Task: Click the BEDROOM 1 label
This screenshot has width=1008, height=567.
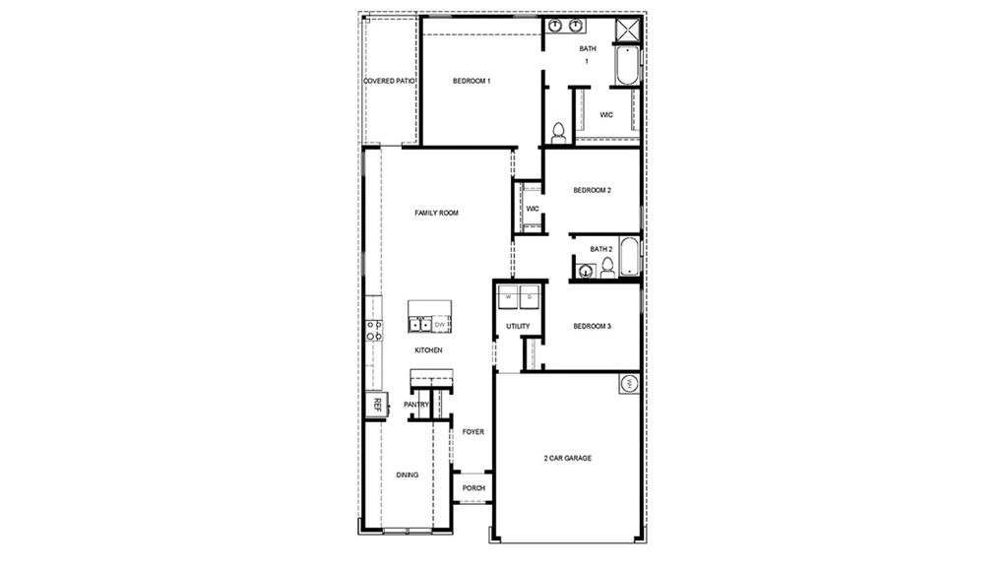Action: click(472, 81)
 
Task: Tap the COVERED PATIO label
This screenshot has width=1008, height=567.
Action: click(389, 81)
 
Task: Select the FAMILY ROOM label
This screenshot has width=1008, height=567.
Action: click(436, 213)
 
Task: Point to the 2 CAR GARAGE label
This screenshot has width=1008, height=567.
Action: click(568, 458)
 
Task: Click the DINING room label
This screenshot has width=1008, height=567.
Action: click(408, 474)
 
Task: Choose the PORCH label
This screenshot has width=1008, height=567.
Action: click(473, 488)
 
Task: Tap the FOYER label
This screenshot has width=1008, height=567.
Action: click(473, 431)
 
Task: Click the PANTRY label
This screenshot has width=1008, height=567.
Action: click(416, 405)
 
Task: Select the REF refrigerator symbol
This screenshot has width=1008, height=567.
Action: click(376, 404)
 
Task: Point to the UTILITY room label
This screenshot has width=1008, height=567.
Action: click(518, 326)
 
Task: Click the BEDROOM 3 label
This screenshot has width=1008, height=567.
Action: click(593, 326)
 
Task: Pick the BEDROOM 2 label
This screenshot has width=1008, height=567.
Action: click(593, 190)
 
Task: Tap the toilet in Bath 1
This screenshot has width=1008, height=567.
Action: click(558, 133)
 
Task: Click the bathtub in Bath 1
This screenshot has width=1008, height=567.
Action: click(627, 65)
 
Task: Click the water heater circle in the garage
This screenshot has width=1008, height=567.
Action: click(629, 384)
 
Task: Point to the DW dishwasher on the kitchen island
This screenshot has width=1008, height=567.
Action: click(441, 324)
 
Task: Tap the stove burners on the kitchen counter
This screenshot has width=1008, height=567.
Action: click(374, 331)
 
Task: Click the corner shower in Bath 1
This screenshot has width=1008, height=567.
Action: click(627, 29)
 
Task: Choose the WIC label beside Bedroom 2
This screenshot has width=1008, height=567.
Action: click(532, 209)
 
